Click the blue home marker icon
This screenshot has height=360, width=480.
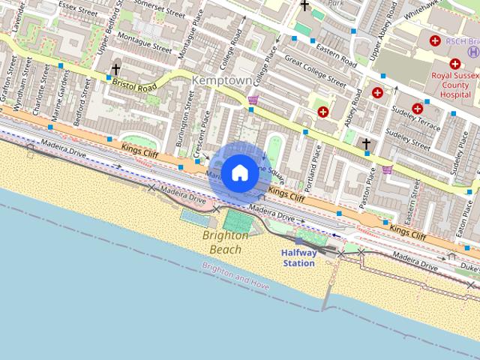pyautogui.click(x=239, y=172)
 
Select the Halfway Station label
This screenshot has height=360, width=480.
pyautogui.click(x=298, y=258)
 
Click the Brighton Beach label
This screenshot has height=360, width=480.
pyautogui.click(x=226, y=242)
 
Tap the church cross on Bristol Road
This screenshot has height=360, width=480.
pyautogui.click(x=115, y=70)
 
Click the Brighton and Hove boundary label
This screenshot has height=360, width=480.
pyautogui.click(x=235, y=274)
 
